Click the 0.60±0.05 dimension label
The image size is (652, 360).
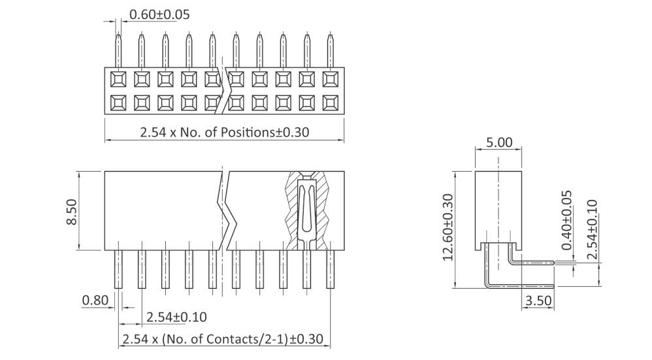pos(159,14)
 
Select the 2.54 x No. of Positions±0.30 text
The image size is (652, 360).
pos(224,131)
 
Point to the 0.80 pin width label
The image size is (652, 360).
pos(95,301)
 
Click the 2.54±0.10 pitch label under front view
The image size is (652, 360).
pos(176,317)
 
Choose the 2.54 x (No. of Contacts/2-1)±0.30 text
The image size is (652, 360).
pos(223,339)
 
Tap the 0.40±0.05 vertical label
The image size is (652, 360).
pos(566,220)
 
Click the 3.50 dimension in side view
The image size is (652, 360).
pos(538,301)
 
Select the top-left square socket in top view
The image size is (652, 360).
pos(118,80)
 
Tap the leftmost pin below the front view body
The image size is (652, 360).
pos(118,269)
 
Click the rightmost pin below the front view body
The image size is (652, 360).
pos(331,269)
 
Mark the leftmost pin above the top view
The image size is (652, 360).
pos(118,50)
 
